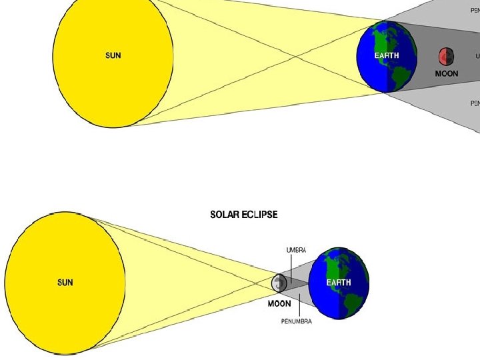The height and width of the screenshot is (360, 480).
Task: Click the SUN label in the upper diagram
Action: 113,56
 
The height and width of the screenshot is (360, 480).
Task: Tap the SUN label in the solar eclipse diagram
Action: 65,282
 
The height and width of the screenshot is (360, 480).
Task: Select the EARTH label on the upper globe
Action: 387,56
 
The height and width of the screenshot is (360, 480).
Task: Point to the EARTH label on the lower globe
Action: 339,283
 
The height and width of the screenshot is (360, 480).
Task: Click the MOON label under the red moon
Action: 446,73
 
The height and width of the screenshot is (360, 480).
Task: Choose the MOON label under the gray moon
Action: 279,303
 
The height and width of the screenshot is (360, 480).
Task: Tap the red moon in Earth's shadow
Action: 446,56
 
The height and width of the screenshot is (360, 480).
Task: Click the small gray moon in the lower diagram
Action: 279,283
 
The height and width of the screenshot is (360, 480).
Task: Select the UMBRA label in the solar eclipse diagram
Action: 296,251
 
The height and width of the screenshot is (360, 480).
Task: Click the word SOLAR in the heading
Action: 225,215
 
